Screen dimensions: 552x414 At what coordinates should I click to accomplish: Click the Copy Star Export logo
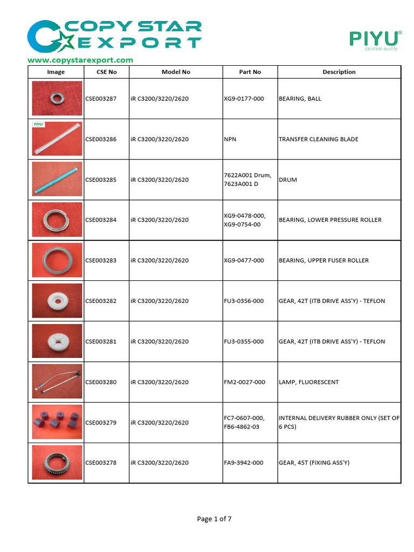click(x=114, y=35)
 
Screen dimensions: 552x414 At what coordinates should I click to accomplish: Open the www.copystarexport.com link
click(x=80, y=60)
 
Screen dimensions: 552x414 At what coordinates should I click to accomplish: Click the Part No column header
click(x=250, y=72)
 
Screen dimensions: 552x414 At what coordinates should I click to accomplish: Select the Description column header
click(x=339, y=72)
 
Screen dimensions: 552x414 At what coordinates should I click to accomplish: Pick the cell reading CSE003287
click(x=101, y=99)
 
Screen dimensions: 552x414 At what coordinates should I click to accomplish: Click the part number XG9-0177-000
click(x=244, y=99)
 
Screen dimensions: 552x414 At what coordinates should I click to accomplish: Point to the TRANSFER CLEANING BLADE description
click(x=318, y=139)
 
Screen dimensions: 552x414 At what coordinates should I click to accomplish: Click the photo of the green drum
click(x=57, y=180)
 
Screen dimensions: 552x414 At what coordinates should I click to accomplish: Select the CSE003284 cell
click(x=101, y=220)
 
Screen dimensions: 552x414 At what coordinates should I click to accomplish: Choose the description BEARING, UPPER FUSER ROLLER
click(x=323, y=260)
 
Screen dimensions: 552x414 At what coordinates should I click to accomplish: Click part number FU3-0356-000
click(x=244, y=301)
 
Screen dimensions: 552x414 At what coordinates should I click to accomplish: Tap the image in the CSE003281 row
click(x=57, y=341)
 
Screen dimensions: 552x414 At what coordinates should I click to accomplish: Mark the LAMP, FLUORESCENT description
click(x=308, y=382)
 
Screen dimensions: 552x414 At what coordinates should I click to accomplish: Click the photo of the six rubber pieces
click(x=57, y=422)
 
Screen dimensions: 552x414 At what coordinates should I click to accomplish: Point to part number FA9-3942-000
click(x=244, y=463)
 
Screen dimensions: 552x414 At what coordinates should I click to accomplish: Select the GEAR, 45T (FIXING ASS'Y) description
click(x=314, y=463)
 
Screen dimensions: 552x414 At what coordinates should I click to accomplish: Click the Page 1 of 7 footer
click(x=214, y=519)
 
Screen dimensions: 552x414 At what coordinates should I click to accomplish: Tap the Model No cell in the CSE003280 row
click(x=159, y=382)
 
